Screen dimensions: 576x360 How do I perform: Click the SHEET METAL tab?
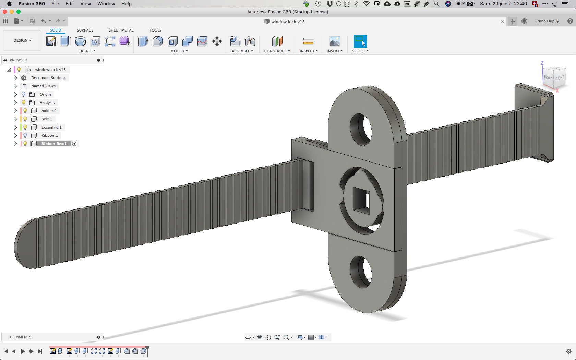coord(121,30)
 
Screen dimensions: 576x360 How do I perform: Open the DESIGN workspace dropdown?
coord(22,40)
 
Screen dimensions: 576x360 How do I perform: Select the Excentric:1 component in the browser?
coord(51,127)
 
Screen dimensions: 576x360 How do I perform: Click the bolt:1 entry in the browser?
coord(47,119)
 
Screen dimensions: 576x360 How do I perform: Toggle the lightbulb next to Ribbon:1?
coord(25,135)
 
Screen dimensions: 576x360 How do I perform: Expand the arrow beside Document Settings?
coord(15,77)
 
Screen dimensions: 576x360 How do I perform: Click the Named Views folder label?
coord(43,86)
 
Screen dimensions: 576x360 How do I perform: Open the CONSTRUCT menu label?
coord(277,51)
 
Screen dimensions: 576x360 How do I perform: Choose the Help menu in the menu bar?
coord(126,4)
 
